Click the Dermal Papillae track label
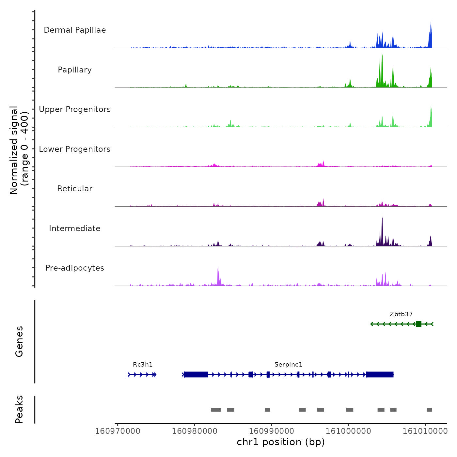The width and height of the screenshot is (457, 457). coord(75,30)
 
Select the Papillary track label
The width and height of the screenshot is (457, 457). coord(75,70)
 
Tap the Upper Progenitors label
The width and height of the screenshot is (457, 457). coord(75,109)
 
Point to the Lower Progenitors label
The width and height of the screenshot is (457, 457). coord(75,149)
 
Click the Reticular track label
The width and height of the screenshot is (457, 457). coord(75,189)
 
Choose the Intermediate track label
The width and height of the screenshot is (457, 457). coord(75,228)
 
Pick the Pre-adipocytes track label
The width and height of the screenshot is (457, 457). coord(75,268)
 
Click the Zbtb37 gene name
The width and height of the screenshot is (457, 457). coord(401,314)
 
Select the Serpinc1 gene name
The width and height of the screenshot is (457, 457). coord(288,365)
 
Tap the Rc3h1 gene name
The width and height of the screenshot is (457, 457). coord(143,365)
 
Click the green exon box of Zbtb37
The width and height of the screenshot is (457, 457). coord(418,324)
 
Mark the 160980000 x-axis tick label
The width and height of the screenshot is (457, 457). coord(195,431)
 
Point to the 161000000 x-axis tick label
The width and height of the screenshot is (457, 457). coord(348,431)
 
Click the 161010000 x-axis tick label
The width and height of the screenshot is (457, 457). coord(425,431)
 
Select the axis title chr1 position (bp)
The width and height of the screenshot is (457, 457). coord(281,442)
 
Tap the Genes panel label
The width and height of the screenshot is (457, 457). coord(19,341)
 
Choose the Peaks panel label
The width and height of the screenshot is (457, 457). coord(19,409)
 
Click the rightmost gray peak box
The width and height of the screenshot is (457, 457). coord(429,410)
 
